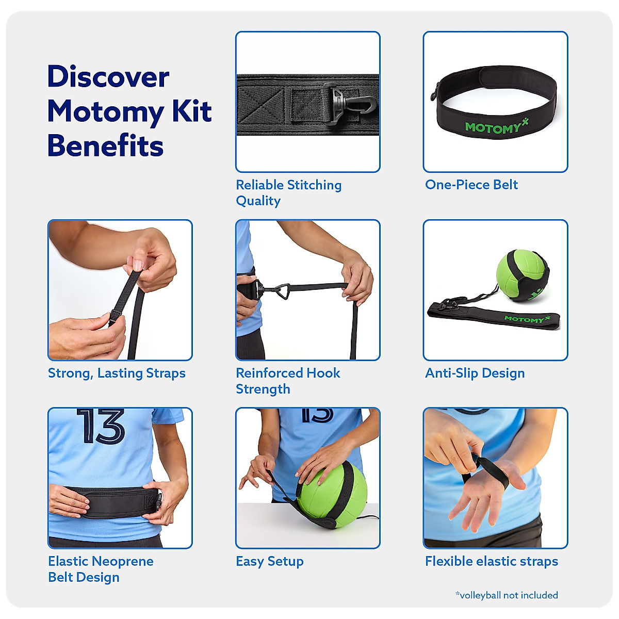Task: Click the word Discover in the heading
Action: (108, 77)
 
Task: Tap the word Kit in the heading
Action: (191, 111)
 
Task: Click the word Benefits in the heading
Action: (105, 146)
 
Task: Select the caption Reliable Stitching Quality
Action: (288, 192)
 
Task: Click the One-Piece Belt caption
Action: (471, 185)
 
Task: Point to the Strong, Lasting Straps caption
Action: (117, 373)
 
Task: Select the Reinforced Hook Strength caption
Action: (288, 381)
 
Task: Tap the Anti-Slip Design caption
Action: (475, 373)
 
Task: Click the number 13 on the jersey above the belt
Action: (101, 426)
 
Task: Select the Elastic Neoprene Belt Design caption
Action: (101, 569)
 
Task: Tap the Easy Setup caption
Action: (269, 561)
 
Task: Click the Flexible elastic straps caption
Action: (491, 561)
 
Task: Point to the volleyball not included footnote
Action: (506, 595)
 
